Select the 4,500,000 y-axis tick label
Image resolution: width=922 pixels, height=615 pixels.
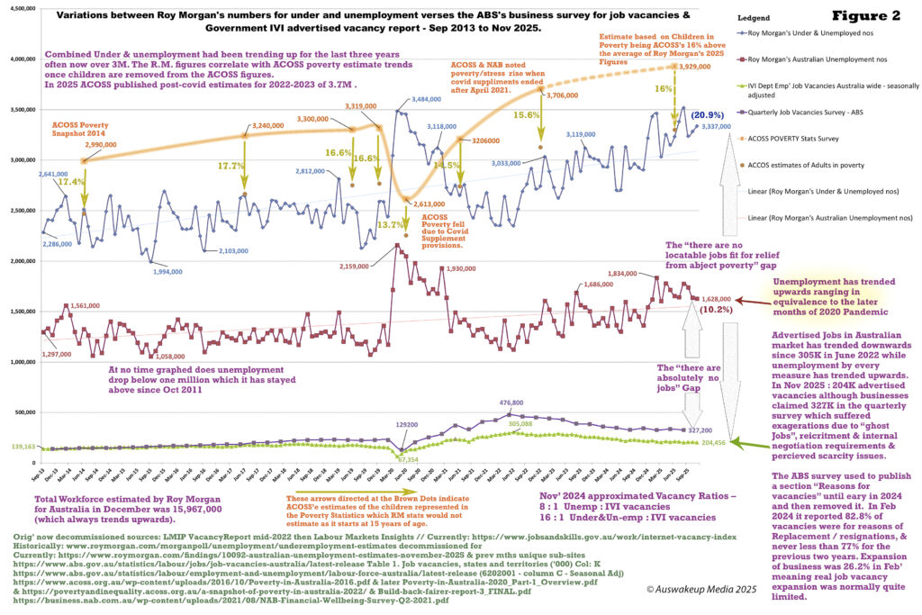coord(19,8)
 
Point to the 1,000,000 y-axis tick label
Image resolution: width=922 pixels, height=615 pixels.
coord(19,361)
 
